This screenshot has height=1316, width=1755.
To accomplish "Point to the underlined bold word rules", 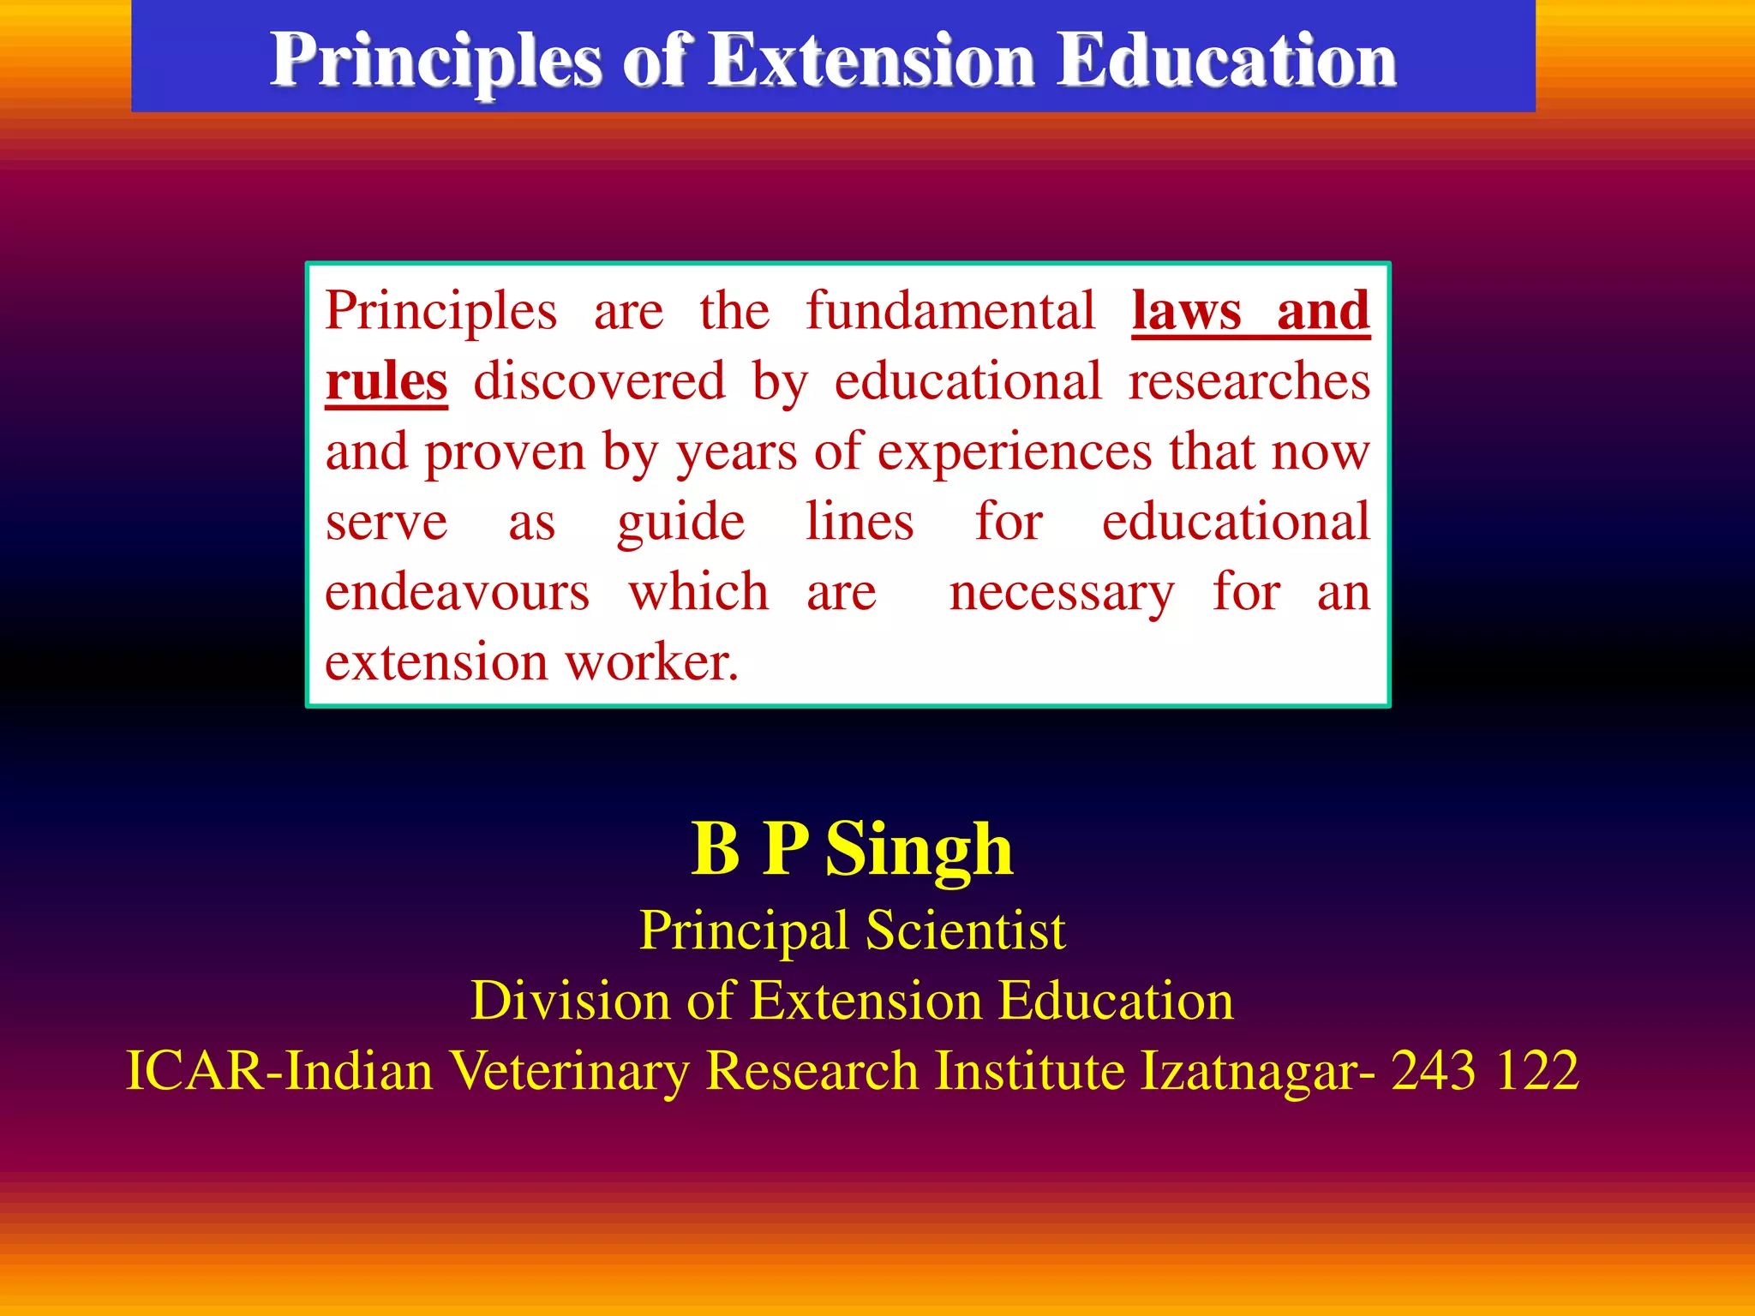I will coord(386,381).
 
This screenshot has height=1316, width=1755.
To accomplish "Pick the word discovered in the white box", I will coord(599,381).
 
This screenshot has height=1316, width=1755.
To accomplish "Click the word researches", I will coord(1249,381).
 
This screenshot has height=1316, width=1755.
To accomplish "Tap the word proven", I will coord(505,452).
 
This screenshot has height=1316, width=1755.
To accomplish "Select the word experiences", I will coord(1014,452).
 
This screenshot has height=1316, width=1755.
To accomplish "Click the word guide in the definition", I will coord(681,523).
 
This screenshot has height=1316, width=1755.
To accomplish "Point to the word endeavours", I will coord(458,593).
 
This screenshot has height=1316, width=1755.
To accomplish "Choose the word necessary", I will coord(1062,593).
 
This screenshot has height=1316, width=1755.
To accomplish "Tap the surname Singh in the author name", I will coord(919,850).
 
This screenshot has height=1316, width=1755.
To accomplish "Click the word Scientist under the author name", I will coord(966,930).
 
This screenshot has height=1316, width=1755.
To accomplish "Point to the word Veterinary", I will coord(569,1071).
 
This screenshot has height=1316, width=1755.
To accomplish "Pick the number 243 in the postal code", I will coord(1434,1071).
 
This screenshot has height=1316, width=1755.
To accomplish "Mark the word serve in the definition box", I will coord(386,523).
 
